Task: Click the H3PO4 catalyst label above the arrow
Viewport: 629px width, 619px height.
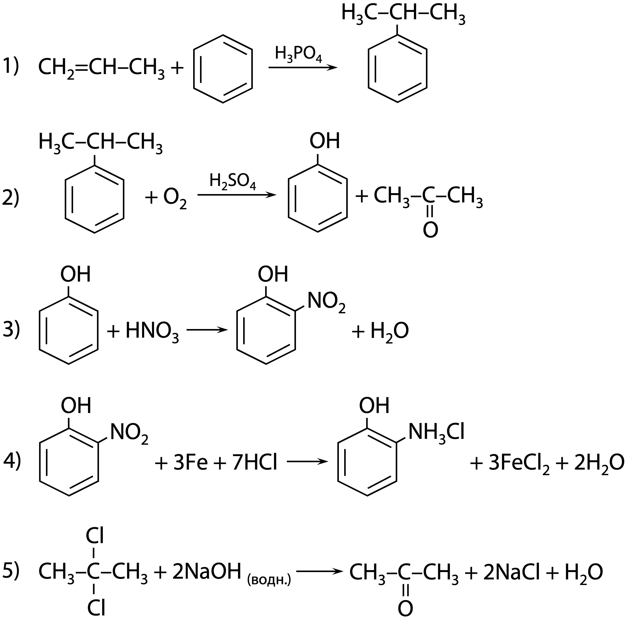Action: (298, 54)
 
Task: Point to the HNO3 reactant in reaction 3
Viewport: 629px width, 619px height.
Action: (152, 331)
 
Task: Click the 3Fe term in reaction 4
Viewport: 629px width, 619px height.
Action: (190, 463)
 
